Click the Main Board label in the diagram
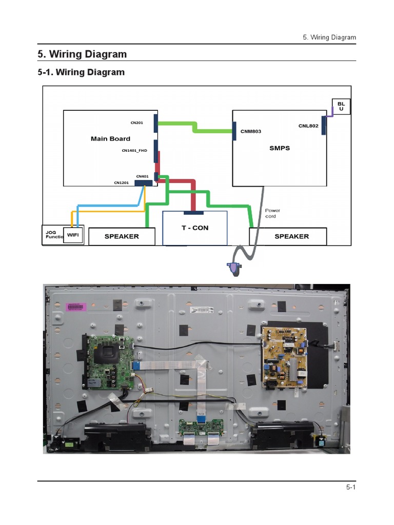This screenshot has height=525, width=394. pyautogui.click(x=110, y=138)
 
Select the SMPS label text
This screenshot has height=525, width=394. pyautogui.click(x=279, y=148)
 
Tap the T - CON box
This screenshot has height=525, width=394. pyautogui.click(x=194, y=228)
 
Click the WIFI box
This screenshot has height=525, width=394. pyautogui.click(x=73, y=235)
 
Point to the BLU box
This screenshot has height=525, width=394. pyautogui.click(x=341, y=107)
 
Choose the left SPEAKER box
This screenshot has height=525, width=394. pyautogui.click(x=122, y=236)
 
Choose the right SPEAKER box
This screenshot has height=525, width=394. pyautogui.click(x=288, y=236)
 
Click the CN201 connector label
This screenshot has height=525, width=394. pyautogui.click(x=136, y=123)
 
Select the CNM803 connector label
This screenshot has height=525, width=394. pyautogui.click(x=251, y=131)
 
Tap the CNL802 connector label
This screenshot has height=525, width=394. pyautogui.click(x=308, y=126)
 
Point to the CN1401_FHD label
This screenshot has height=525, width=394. pyautogui.click(x=134, y=151)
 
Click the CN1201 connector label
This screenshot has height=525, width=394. pyautogui.click(x=122, y=183)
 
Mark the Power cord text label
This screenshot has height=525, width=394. pyautogui.click(x=272, y=213)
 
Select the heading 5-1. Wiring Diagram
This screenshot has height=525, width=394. pyautogui.click(x=81, y=72)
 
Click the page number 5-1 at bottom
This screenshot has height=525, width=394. pyautogui.click(x=350, y=488)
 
